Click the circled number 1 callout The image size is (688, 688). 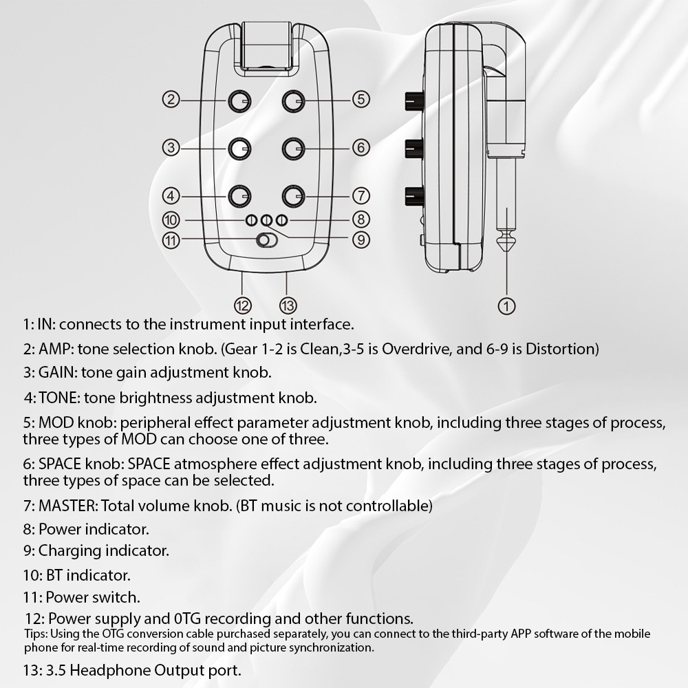tap(506, 306)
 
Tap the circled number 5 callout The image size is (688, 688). tap(361, 99)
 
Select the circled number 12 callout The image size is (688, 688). tap(243, 305)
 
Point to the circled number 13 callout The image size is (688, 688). tap(288, 305)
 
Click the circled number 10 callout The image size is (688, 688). tap(171, 219)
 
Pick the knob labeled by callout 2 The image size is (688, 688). tap(239, 101)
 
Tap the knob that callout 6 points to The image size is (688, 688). tap(294, 149)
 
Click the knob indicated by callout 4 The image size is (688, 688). tap(239, 195)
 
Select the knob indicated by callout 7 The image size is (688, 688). tap(294, 195)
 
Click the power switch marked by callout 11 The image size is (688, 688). tap(267, 240)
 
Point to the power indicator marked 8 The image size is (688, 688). tap(282, 220)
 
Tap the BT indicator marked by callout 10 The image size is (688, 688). tap(251, 220)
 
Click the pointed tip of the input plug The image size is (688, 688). tap(506, 252)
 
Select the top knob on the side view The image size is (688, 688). tap(413, 101)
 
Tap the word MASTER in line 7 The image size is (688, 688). tap(68, 506)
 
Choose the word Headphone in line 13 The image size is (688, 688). tap(109, 670)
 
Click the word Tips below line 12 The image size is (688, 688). tap(34, 634)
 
